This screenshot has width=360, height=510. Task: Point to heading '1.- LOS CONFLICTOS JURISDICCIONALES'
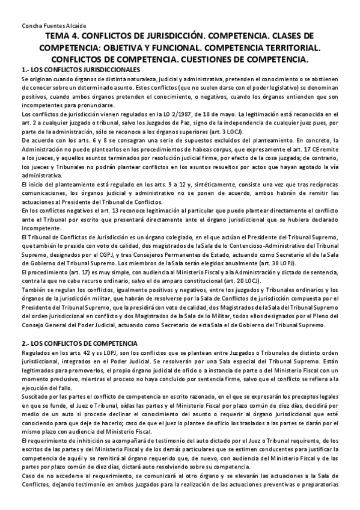79,70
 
